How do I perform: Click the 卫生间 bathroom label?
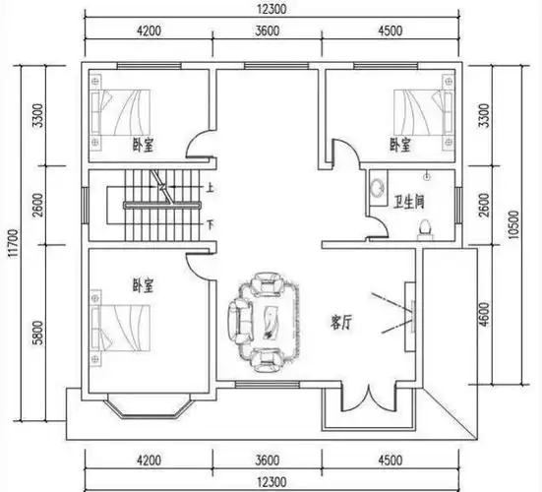point(408,202)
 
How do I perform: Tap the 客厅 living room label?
point(341,323)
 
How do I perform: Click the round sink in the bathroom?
point(377,188)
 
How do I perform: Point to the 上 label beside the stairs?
point(210,188)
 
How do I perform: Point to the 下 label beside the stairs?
point(210,225)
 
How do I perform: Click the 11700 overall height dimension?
point(14,243)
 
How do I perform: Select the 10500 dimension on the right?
point(514,224)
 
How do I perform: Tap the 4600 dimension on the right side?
point(485,314)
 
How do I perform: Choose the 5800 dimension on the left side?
point(37,333)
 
